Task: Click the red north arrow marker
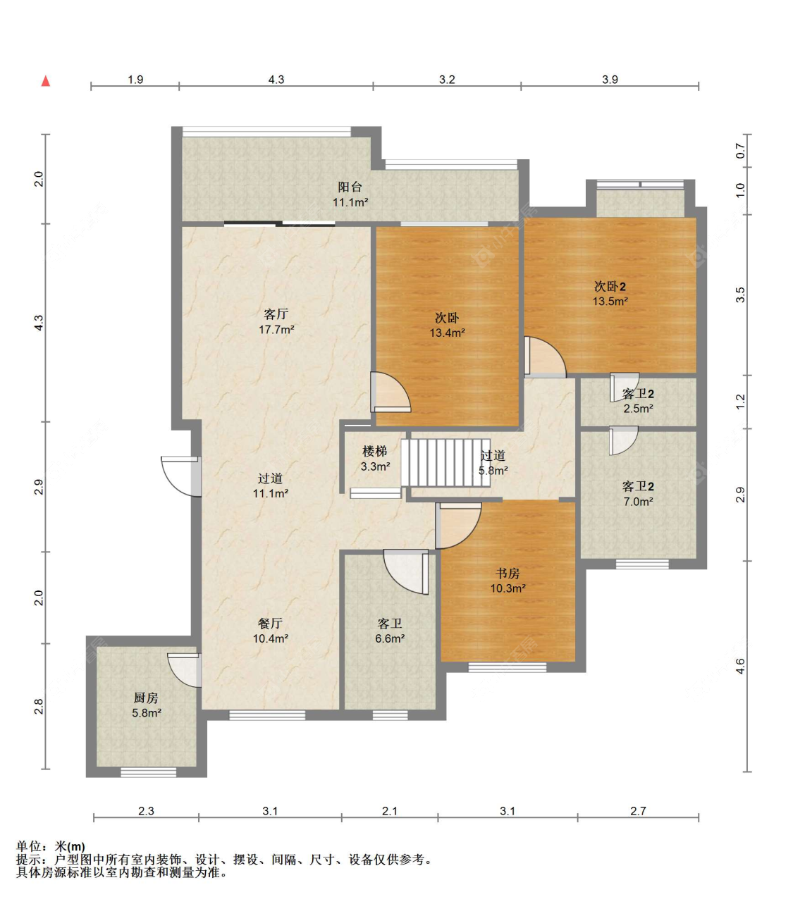46,81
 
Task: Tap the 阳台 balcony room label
350,187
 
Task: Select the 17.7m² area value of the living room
276,330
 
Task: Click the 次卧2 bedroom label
610,287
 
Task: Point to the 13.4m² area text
447,333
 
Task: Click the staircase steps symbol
445,463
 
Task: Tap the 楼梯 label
374,452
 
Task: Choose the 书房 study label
508,573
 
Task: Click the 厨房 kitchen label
146,698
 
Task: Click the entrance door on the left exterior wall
181,476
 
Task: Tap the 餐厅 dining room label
270,624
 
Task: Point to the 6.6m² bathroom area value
390,638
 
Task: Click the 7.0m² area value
638,502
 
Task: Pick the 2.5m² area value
638,408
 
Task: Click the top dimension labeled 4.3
276,80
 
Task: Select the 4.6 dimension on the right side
740,666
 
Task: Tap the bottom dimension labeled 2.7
638,811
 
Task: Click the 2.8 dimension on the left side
39,706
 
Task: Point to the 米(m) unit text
70,846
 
